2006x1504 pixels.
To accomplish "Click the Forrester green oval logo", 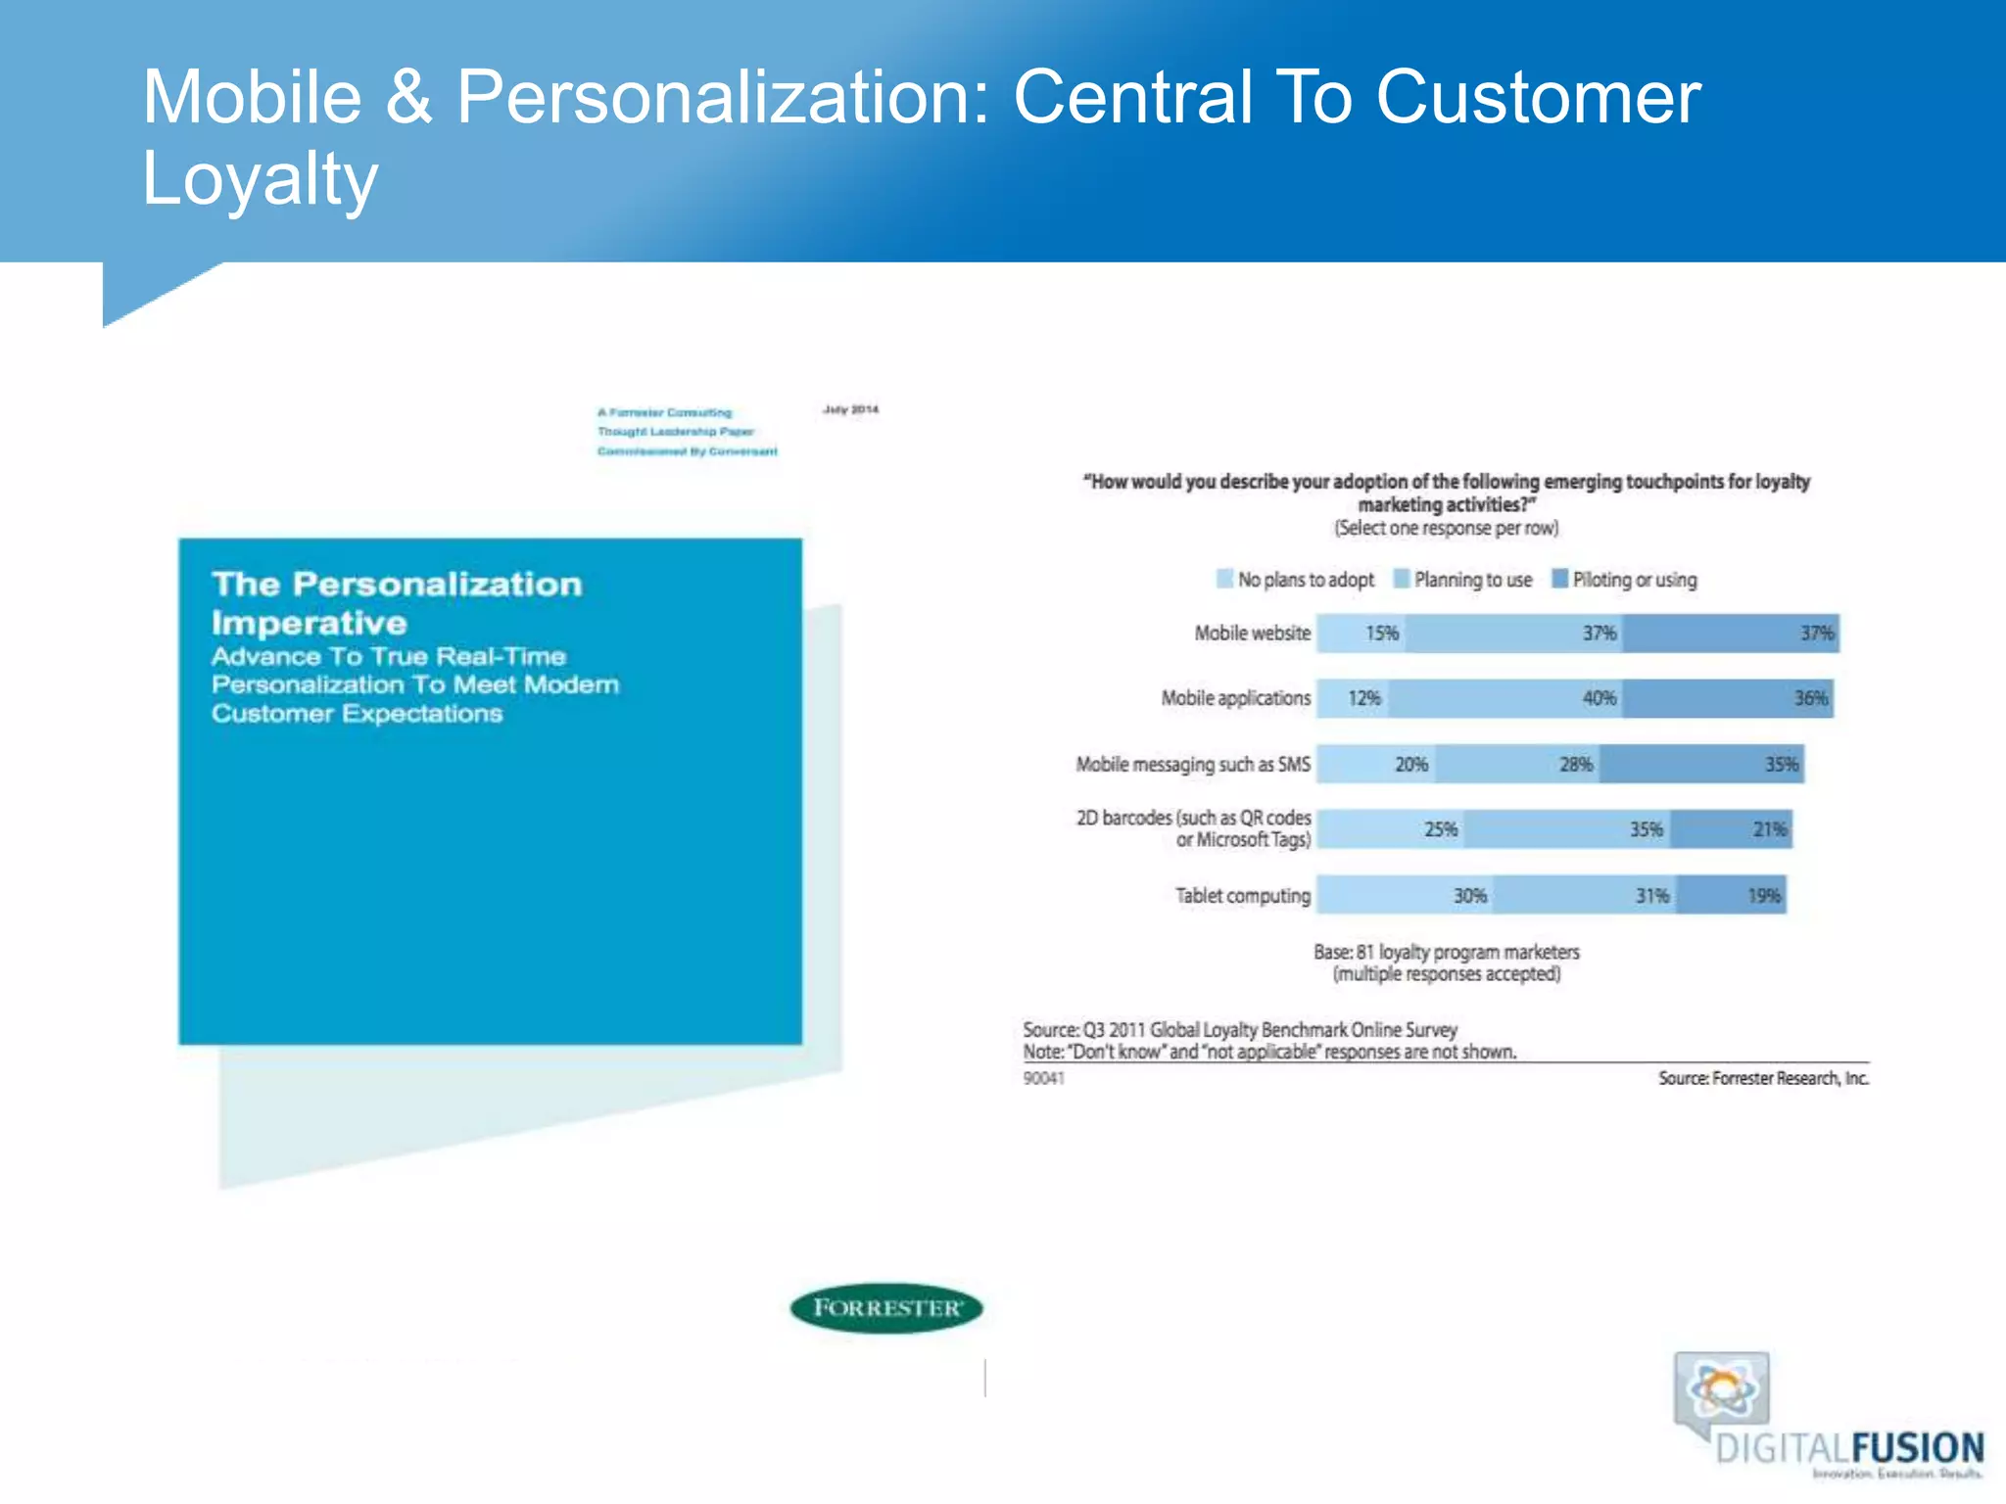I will click(x=886, y=1308).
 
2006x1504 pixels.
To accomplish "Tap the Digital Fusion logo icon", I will click(x=1723, y=1389).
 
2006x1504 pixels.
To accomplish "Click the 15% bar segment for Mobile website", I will click(x=1361, y=634).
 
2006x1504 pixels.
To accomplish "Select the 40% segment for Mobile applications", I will click(x=1505, y=698).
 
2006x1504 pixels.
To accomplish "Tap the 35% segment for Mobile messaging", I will click(x=1701, y=764).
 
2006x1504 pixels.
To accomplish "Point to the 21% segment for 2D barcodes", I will click(x=1732, y=829).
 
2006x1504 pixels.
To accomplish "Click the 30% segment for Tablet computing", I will click(x=1405, y=895).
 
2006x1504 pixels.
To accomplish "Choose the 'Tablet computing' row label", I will click(x=1242, y=895).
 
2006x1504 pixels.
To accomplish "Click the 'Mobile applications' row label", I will click(x=1235, y=698).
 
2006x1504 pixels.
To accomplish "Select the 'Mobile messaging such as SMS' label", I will click(x=1192, y=764).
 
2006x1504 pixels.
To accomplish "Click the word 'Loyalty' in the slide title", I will click(x=260, y=179).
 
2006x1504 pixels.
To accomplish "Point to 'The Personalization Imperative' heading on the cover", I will click(x=397, y=603).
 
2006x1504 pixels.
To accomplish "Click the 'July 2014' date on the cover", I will click(x=850, y=409).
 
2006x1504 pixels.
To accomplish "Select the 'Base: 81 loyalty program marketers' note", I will click(x=1446, y=952).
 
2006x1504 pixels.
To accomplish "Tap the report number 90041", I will click(x=1043, y=1078).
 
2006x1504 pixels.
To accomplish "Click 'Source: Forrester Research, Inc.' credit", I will click(x=1763, y=1078).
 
